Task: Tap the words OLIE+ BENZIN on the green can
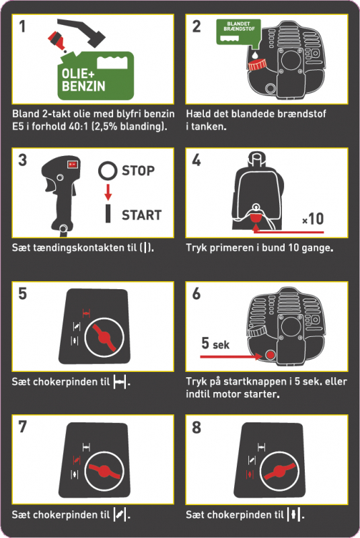[83, 80]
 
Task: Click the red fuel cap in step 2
[258, 64]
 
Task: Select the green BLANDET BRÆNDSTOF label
[238, 32]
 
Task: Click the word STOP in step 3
[139, 171]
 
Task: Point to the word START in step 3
[142, 215]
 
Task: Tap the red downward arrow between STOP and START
[108, 192]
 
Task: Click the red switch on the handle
[73, 164]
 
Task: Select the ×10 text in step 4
[313, 219]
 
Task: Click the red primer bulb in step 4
[256, 217]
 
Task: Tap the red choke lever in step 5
[104, 338]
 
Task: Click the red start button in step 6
[271, 354]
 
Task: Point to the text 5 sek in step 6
[215, 343]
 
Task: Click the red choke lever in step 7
[104, 471]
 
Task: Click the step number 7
[23, 427]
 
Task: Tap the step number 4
[196, 160]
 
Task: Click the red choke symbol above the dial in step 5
[86, 313]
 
